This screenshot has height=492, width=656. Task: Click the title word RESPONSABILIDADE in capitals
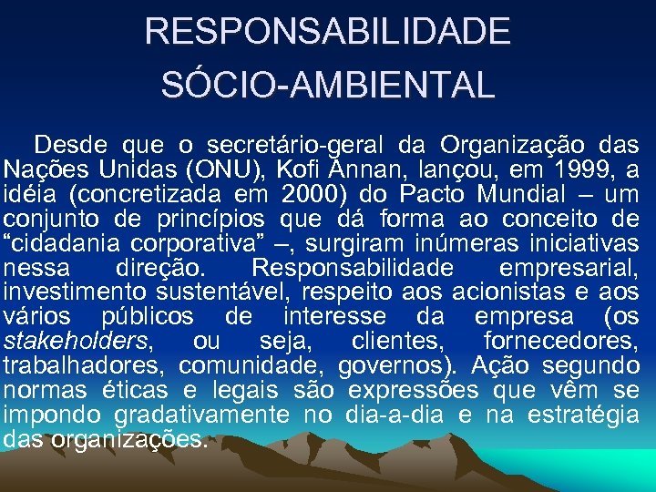tap(328, 33)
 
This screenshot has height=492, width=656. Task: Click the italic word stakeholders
tap(76, 342)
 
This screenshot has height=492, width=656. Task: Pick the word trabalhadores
tap(83, 366)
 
